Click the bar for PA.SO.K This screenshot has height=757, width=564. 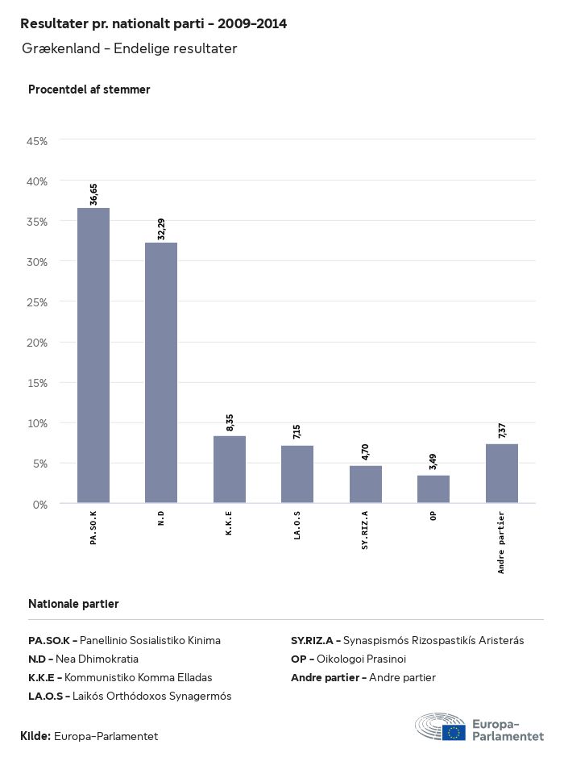click(x=93, y=356)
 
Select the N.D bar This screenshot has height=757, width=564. click(x=161, y=372)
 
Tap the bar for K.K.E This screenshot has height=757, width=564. click(x=230, y=469)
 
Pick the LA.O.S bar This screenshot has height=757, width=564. click(x=297, y=474)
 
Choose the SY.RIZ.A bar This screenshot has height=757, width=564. click(x=366, y=484)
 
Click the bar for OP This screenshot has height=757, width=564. click(x=433, y=489)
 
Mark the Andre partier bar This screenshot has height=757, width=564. click(x=502, y=473)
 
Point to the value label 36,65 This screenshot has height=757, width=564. click(x=94, y=194)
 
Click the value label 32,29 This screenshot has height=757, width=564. click(x=162, y=229)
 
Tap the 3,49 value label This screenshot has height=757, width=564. click(x=434, y=462)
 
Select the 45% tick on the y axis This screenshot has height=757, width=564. click(x=38, y=141)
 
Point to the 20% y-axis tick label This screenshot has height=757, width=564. click(x=38, y=343)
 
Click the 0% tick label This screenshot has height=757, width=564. click(x=40, y=504)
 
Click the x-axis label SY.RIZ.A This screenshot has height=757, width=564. click(x=365, y=530)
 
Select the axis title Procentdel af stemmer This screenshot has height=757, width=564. click(x=89, y=89)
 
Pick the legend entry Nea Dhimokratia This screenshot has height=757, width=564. click(x=97, y=659)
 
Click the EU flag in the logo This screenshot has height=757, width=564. click(x=454, y=731)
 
